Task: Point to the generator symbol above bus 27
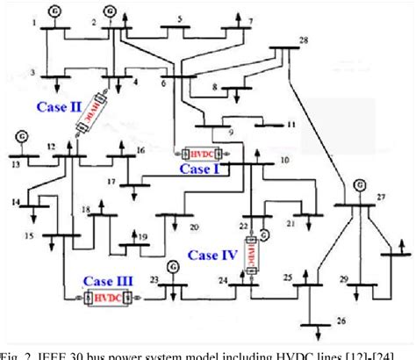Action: coord(358,185)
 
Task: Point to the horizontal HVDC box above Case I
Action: coord(197,153)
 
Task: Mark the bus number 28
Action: coord(304,41)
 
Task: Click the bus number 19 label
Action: coord(142,236)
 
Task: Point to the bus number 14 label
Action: coord(16,202)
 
